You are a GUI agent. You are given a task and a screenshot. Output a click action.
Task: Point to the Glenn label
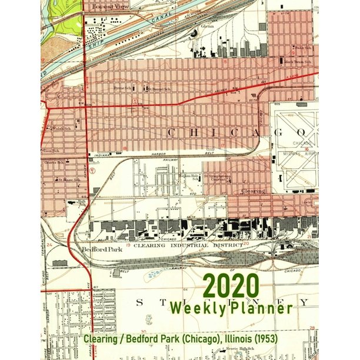coord(206,26)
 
